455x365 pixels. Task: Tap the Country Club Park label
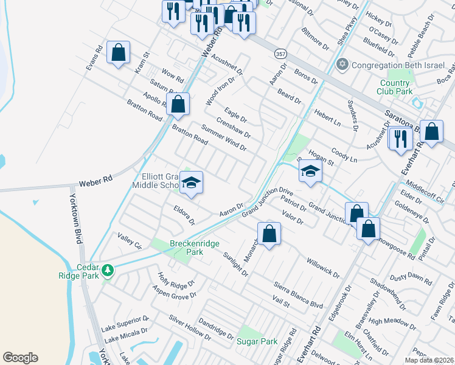(x=395, y=87)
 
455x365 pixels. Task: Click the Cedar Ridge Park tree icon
(x=108, y=269)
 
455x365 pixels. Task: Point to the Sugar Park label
(x=257, y=341)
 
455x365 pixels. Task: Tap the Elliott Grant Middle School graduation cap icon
(x=191, y=182)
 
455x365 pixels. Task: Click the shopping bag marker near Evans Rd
(x=118, y=52)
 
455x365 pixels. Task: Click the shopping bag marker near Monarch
(x=269, y=233)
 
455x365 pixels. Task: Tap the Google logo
(x=20, y=358)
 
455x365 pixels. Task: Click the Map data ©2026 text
(x=429, y=360)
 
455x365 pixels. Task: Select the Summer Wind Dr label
(x=224, y=139)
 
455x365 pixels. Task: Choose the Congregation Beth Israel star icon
(x=342, y=64)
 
